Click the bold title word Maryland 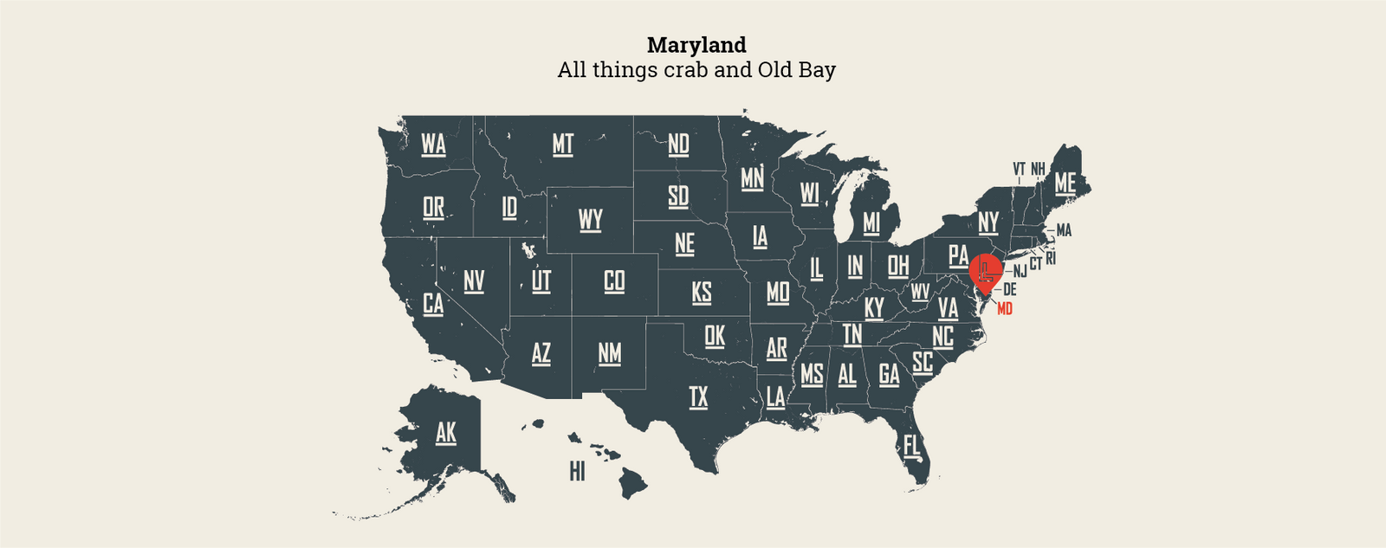696,45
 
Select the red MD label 1005,309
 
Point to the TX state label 698,397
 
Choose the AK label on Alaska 445,433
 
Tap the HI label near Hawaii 577,472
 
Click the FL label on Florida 912,446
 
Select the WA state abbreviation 433,144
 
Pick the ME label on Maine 1065,184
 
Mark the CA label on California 433,304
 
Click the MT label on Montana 563,144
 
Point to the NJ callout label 1020,272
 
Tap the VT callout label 1019,169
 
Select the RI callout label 1051,258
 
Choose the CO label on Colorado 614,281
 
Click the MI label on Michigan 871,223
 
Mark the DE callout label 1009,290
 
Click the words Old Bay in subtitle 796,70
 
